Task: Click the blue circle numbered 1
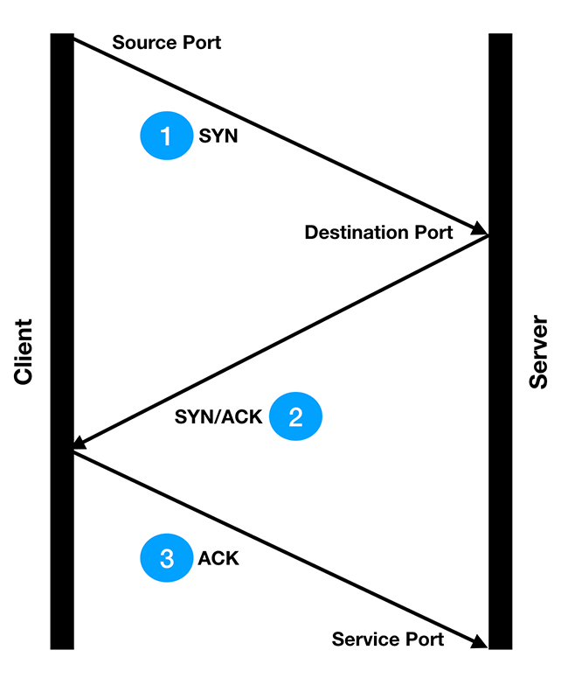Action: (x=166, y=137)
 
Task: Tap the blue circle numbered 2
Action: (x=295, y=416)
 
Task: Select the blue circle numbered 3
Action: (x=166, y=557)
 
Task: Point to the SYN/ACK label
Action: (x=218, y=417)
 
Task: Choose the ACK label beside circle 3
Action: (x=218, y=558)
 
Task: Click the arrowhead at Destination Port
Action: (x=481, y=230)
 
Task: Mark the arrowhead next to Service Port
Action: (x=480, y=643)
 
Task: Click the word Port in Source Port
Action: (x=202, y=42)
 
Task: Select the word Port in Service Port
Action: (x=424, y=640)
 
